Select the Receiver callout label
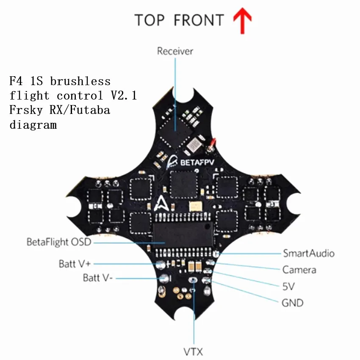click(175, 51)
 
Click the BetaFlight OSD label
click(59, 243)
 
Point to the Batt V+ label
click(75, 264)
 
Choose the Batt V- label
click(98, 278)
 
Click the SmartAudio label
click(308, 253)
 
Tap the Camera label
click(299, 270)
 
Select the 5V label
click(288, 287)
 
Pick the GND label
click(292, 303)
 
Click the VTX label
click(193, 352)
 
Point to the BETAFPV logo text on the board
click(195, 162)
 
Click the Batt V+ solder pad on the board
click(161, 265)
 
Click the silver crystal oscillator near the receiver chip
click(194, 145)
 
